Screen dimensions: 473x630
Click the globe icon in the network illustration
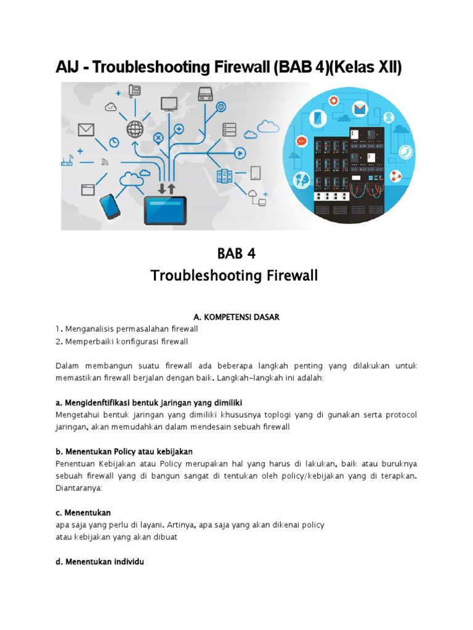point(134,129)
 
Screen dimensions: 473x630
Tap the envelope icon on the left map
point(85,130)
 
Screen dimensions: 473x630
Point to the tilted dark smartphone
point(109,206)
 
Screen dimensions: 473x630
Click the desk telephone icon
point(135,92)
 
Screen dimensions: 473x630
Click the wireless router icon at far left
point(67,162)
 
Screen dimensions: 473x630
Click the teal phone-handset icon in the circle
point(406,152)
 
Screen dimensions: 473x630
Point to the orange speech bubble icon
point(301,142)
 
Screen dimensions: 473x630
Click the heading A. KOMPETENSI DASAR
point(236,317)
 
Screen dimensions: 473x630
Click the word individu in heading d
point(127,562)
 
